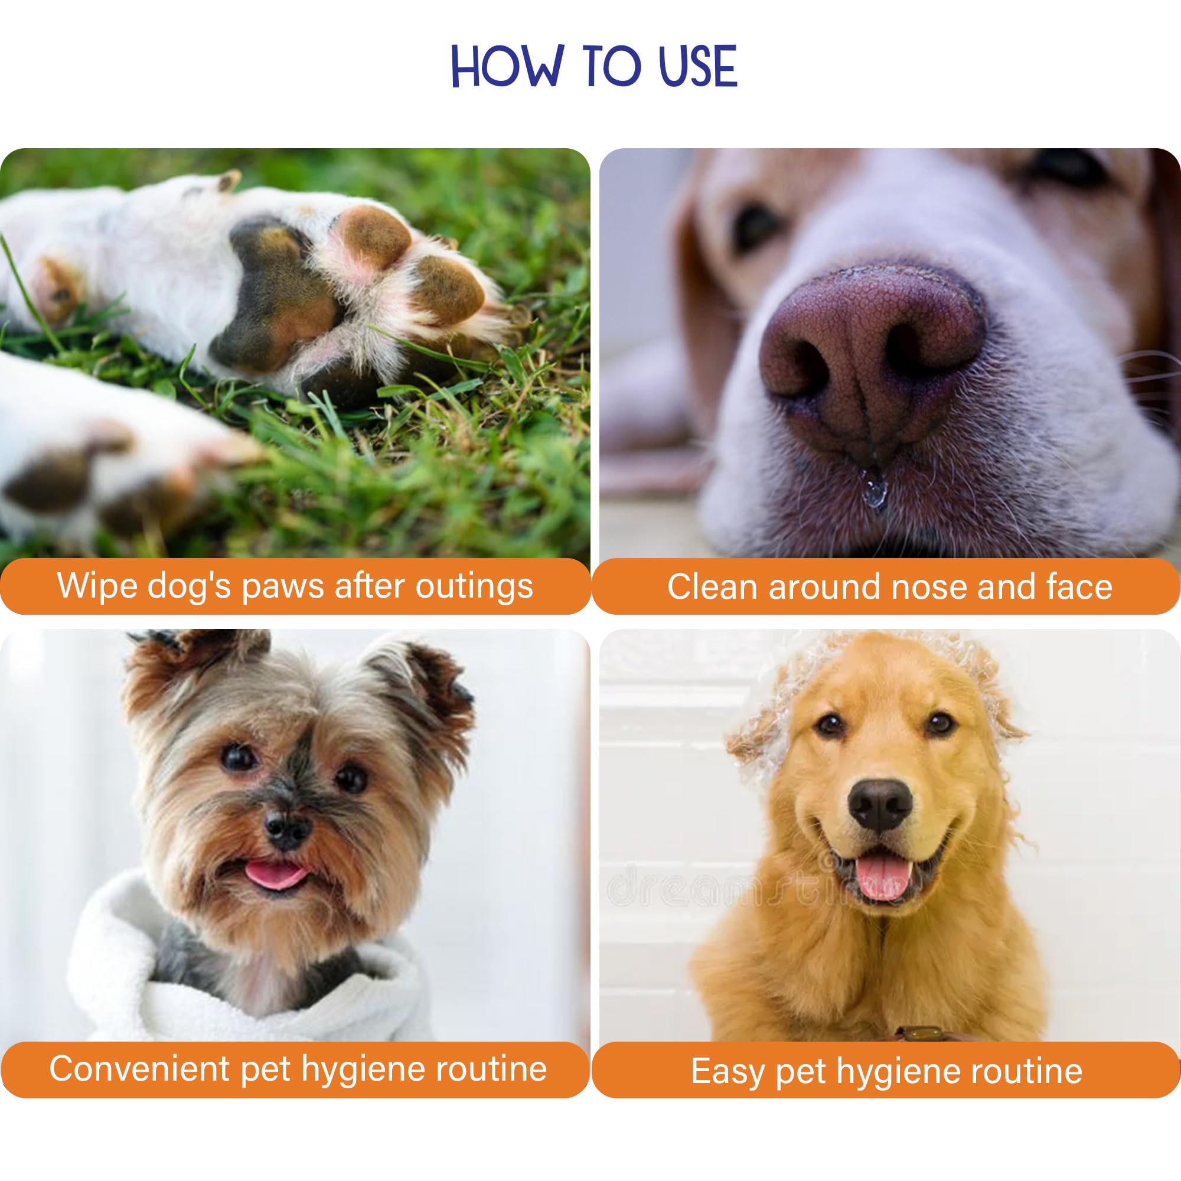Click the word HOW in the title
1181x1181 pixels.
pos(507,66)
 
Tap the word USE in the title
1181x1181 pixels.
pos(699,66)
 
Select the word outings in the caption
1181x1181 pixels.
pos(474,587)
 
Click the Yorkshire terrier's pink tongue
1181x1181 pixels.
pos(275,875)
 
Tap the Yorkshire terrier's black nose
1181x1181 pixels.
pos(288,830)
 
